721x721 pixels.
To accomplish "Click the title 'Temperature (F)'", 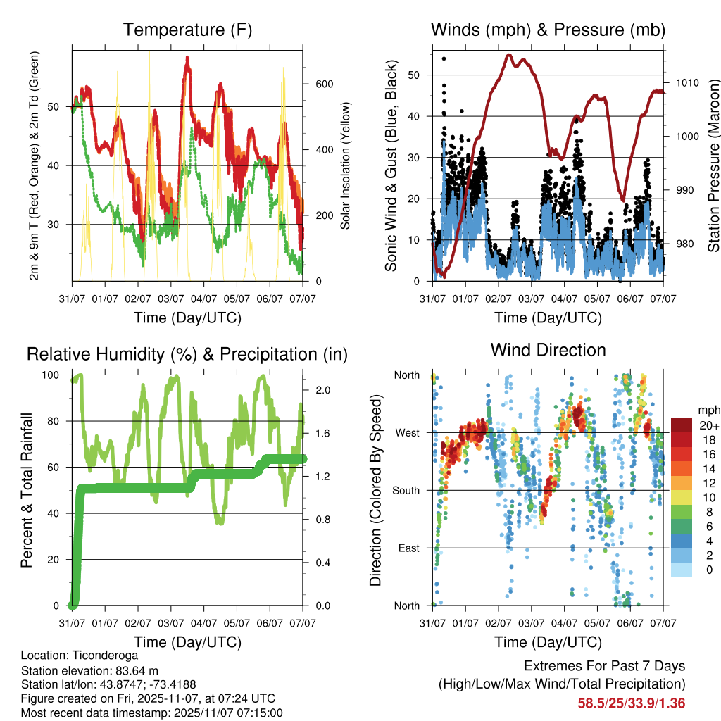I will [187, 30].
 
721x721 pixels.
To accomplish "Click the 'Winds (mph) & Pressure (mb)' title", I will [548, 30].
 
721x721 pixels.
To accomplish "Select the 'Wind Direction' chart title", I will [548, 350].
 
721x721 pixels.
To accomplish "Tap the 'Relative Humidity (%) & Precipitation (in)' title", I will [187, 354].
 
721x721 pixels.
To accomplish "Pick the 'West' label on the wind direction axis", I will [406, 432].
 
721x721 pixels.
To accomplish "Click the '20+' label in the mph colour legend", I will [708, 426].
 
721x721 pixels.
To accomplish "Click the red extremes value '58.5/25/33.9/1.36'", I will [632, 703].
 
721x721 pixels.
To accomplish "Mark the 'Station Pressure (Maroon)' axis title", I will [713, 166].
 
